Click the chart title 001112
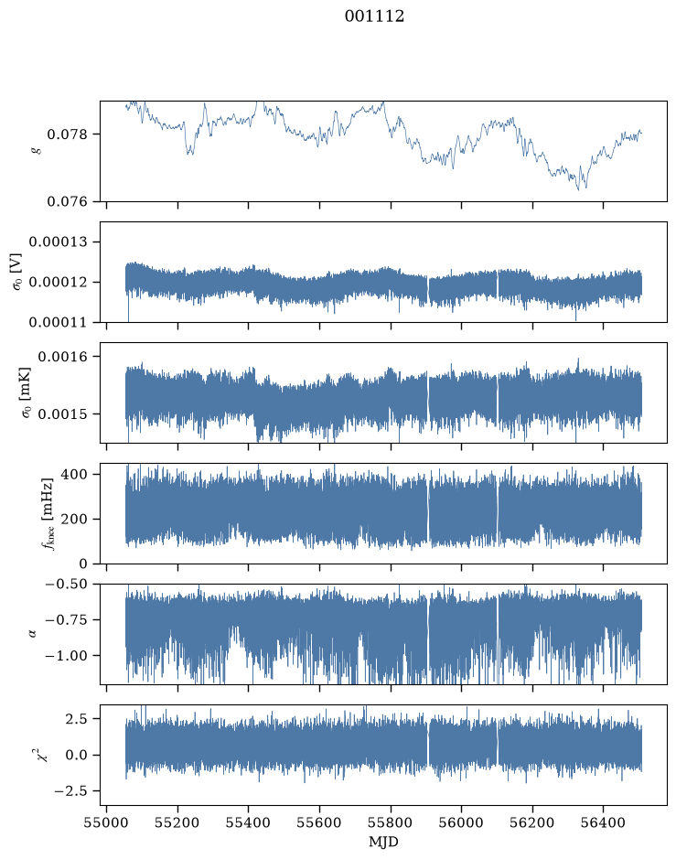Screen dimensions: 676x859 tap(374, 16)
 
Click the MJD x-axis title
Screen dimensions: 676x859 tap(383, 842)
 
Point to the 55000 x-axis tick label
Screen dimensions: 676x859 tap(106, 822)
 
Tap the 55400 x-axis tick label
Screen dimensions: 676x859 tap(248, 822)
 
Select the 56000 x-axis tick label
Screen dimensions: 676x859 tap(461, 822)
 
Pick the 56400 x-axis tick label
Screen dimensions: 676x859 tap(603, 822)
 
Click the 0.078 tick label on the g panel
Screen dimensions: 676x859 tap(67, 134)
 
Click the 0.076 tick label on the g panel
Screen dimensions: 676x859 tap(67, 201)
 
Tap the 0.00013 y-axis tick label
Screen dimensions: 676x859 tap(58, 242)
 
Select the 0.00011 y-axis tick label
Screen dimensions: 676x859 tap(58, 322)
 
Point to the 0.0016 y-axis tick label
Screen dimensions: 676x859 tap(62, 357)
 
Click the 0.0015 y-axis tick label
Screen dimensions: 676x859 tap(62, 414)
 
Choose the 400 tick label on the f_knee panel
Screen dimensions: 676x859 tap(74, 474)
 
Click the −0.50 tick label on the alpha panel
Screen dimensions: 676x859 tap(66, 584)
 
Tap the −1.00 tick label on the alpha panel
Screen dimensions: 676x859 tap(66, 656)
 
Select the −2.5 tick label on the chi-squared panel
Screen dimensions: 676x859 tap(70, 791)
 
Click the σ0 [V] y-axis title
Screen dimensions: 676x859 tap(16, 272)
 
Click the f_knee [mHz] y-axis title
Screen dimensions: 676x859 tap(48, 513)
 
